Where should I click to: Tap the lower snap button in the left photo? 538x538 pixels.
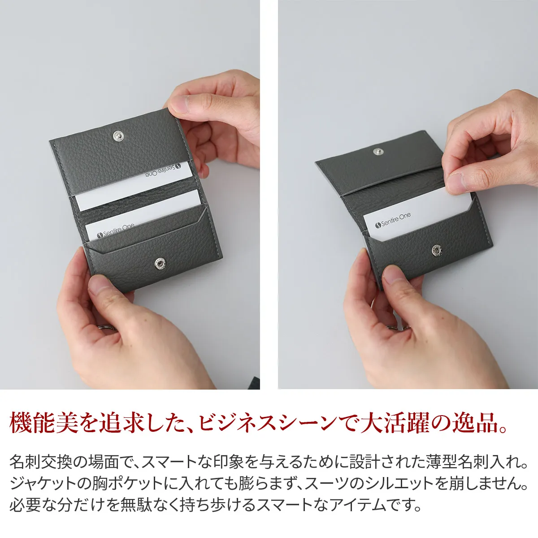coord(160,263)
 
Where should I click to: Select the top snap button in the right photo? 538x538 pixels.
coord(378,152)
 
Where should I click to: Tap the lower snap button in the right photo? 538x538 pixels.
coord(437,250)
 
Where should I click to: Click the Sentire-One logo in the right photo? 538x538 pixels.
coord(393,221)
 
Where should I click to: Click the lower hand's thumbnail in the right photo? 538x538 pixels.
coord(393,275)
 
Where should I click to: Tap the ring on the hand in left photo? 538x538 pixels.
coord(108,328)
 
